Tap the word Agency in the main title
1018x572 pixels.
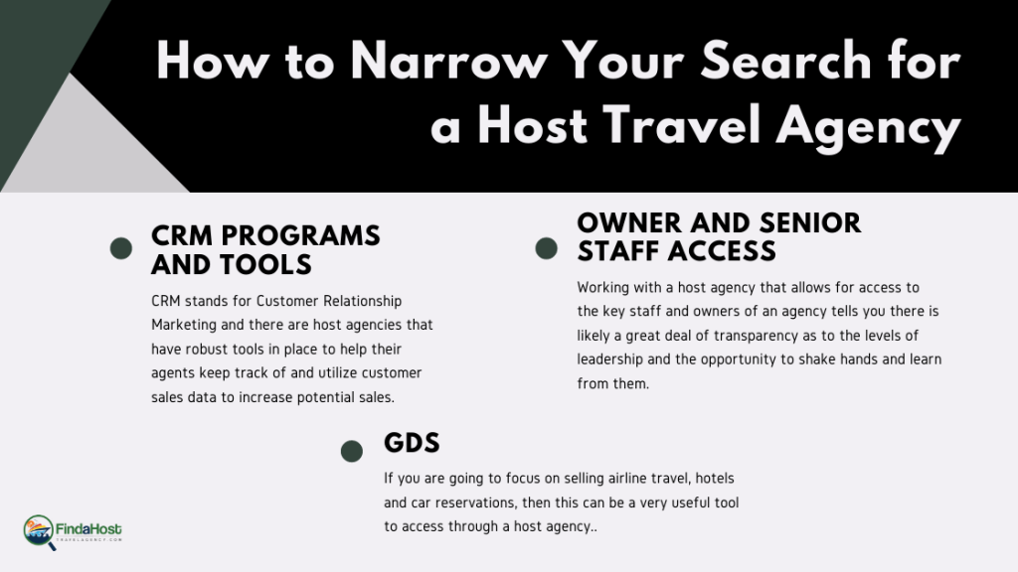pos(868,127)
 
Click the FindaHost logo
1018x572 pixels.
pos(72,532)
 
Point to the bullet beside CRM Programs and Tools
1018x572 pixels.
pos(120,248)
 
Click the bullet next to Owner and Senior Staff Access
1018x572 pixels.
pos(546,248)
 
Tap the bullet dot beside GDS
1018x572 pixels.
pos(352,452)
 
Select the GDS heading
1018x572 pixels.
pos(412,443)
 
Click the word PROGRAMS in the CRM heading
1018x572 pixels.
pos(300,236)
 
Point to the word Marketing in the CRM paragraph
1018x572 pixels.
pos(184,325)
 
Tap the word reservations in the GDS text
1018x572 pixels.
pos(475,502)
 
